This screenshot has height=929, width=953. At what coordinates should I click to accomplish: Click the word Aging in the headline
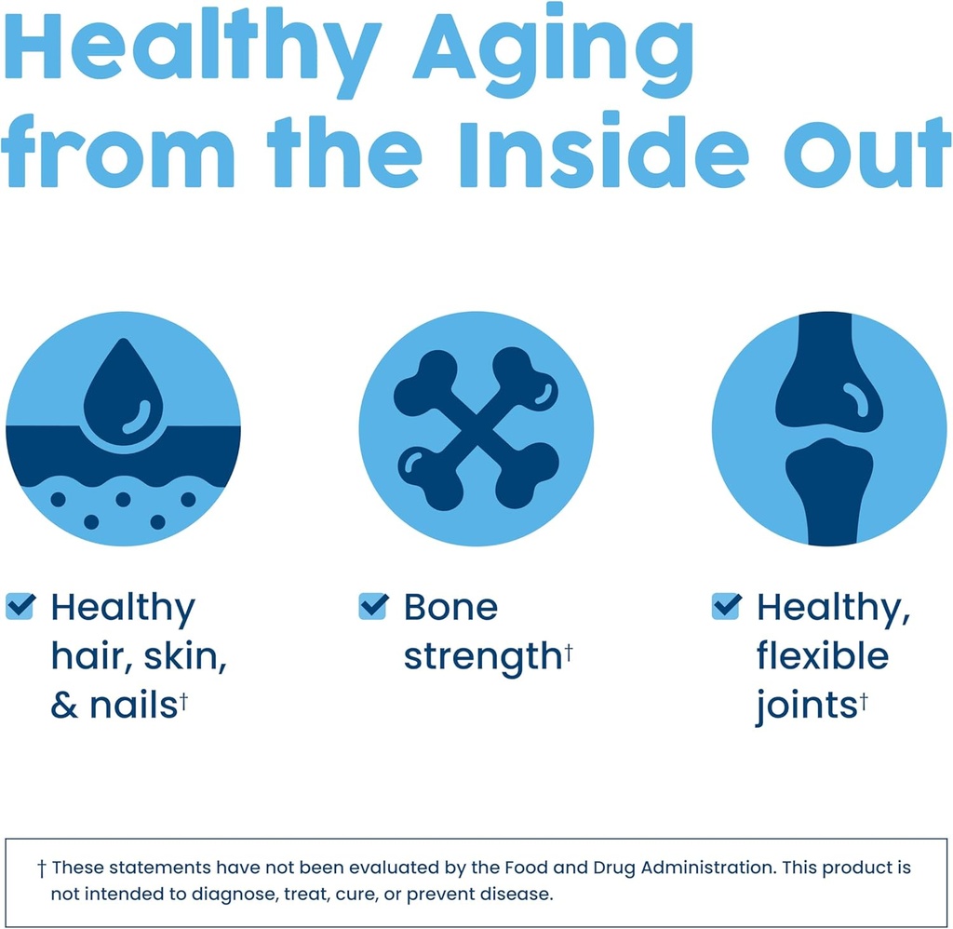pos(553,51)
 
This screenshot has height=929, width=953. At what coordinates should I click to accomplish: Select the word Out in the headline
pos(867,153)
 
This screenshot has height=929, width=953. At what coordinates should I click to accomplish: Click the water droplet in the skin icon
pos(124,393)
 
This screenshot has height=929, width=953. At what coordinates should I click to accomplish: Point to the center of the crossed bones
pos(476,428)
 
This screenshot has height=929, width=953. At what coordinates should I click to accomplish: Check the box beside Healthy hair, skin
pos(20,606)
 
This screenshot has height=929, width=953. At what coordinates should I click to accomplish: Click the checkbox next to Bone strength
pos(373,606)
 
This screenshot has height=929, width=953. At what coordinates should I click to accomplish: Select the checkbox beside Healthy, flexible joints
pos(726,606)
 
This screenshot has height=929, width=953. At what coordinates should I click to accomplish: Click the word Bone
pos(451,607)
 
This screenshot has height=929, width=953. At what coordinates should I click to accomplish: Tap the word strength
pos(483,658)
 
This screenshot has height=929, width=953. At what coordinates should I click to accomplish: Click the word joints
pos(806,707)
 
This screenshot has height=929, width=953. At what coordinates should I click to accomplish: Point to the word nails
pos(134,706)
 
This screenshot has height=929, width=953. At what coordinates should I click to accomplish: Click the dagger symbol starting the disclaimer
pos(41,868)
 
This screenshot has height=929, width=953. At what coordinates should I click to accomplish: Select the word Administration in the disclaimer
pos(708,867)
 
